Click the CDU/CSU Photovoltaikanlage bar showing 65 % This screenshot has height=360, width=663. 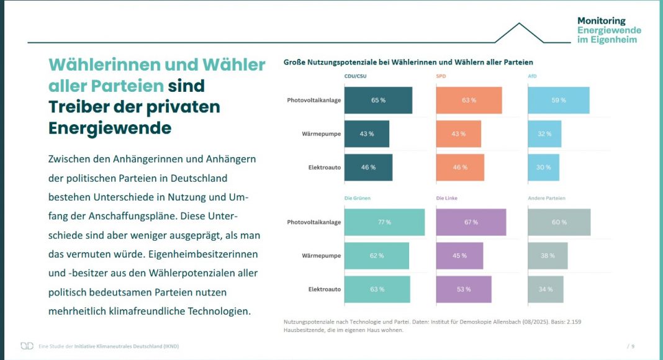click(x=378, y=101)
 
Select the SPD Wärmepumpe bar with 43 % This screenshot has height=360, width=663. click(x=459, y=134)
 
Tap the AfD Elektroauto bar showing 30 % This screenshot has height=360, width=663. click(x=544, y=168)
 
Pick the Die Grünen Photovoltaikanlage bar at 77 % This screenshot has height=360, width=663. click(x=384, y=222)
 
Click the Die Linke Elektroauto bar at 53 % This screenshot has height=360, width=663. click(x=464, y=289)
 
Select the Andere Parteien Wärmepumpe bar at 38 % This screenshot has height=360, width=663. click(x=548, y=256)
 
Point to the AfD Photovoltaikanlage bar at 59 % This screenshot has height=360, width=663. click(x=559, y=101)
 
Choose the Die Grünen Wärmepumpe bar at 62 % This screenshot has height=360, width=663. click(x=377, y=256)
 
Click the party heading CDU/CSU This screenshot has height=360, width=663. click(x=356, y=76)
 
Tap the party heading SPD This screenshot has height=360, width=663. click(x=441, y=76)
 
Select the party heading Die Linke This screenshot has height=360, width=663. click(x=447, y=199)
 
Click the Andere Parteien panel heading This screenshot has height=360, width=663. click(x=546, y=199)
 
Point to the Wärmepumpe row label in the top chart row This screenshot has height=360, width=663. click(x=321, y=134)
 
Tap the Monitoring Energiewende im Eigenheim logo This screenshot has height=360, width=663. click(x=608, y=30)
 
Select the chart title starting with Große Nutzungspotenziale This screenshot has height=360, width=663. click(x=408, y=62)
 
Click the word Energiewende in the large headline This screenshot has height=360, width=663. click(x=110, y=128)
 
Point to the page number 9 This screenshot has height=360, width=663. click(x=633, y=346)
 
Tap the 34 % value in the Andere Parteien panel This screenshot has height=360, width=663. click(x=546, y=289)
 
